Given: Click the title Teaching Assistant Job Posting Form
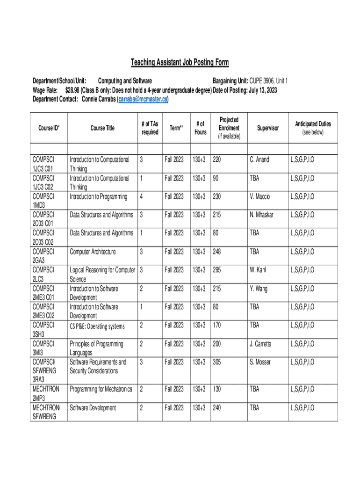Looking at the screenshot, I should coord(180,63).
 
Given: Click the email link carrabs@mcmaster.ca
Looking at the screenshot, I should coord(143,100).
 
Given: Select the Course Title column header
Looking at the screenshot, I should coord(102,128).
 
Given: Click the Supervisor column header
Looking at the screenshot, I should coord(267,128).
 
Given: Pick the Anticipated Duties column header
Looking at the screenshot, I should coord(313,124).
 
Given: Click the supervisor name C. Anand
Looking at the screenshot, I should coord(259,160).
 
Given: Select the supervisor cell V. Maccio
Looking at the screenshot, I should coord(260,196).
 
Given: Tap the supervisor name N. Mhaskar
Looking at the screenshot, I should coord(261,215).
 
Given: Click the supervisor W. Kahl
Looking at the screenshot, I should coord(259,270).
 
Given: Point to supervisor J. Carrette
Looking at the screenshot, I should coord(261,344).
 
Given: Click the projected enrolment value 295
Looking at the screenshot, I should coord(217,270).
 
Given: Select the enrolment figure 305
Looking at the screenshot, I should coord(217,362).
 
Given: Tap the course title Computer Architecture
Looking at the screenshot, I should coord(93,252).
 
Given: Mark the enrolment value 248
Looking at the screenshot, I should coord(217,252).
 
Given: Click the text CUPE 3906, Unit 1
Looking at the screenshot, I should coord(268,81).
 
